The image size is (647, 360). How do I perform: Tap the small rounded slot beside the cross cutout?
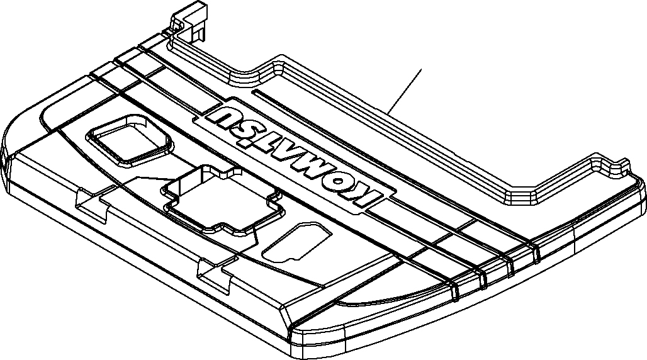pyautogui.click(x=296, y=242)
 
